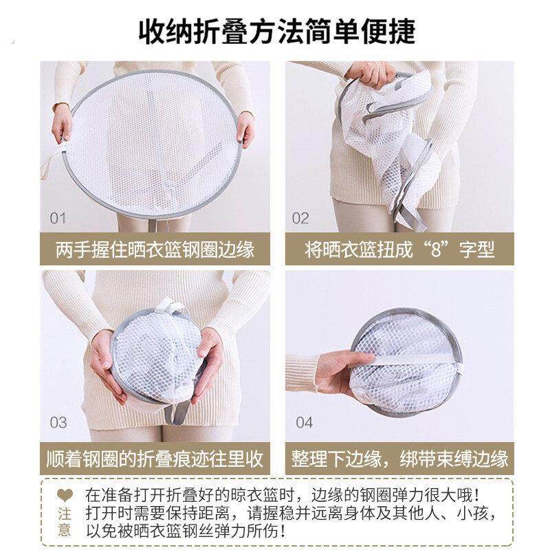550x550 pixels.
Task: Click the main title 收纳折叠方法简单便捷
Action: tap(275, 30)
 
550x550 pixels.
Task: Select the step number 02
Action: tap(301, 218)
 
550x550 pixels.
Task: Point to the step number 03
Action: tap(58, 421)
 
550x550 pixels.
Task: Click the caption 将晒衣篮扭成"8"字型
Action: tap(399, 249)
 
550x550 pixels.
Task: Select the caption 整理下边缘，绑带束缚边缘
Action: tap(399, 459)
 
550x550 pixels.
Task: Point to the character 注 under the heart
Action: tap(63, 514)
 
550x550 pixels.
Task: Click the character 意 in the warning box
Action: tap(63, 530)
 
